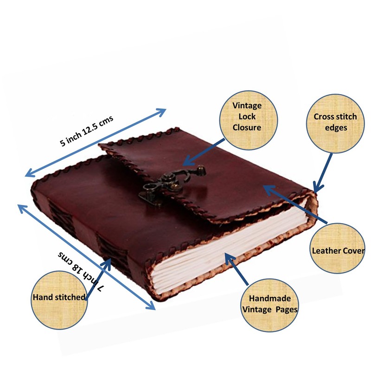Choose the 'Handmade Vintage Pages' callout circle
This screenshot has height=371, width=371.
[x=273, y=304]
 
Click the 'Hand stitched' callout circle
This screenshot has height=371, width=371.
[x=59, y=297]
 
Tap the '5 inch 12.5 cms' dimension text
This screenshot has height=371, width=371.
[x=87, y=132]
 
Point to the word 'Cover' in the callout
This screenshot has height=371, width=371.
[x=352, y=250]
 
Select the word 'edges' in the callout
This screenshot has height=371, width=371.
[x=337, y=127]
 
